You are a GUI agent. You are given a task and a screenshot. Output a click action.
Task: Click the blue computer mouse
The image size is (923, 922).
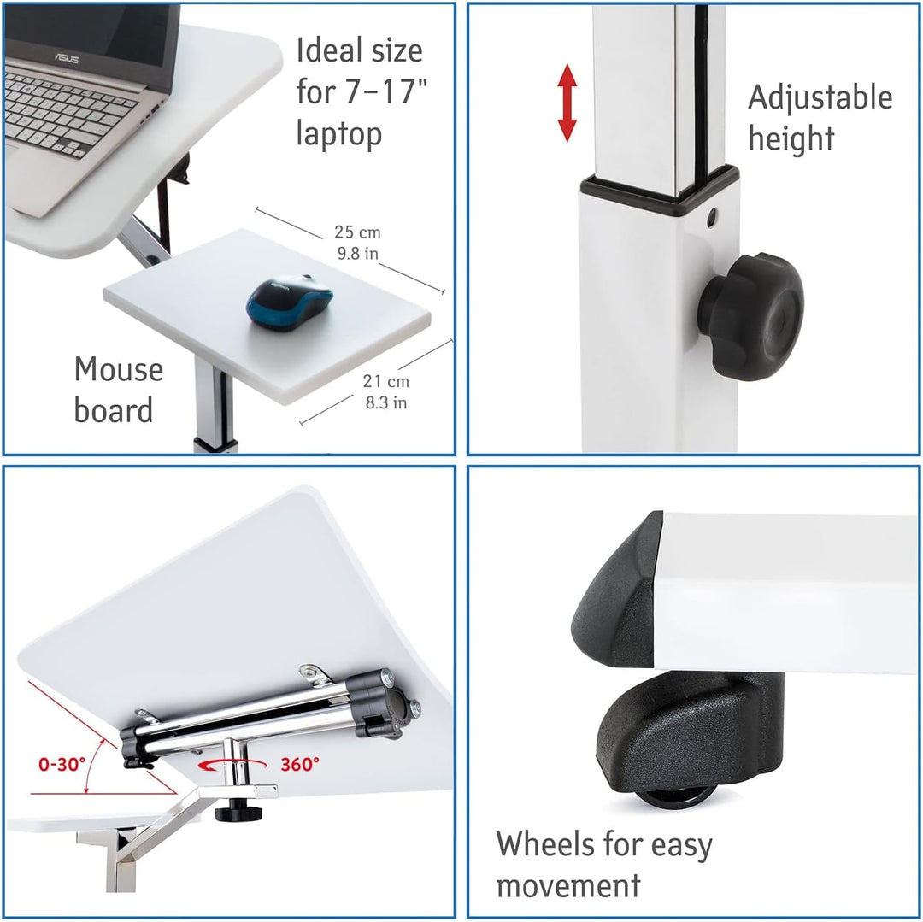290,302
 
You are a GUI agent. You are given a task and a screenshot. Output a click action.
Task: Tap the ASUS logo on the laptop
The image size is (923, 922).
67,58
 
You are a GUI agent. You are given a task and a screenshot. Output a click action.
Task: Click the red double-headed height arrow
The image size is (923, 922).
567,103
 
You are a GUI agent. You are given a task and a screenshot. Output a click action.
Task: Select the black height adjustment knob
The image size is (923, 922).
751,316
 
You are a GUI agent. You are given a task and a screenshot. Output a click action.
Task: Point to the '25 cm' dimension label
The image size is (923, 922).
357,232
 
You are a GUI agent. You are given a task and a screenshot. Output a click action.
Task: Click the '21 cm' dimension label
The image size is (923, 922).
385,381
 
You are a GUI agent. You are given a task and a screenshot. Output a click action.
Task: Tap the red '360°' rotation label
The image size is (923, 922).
300,764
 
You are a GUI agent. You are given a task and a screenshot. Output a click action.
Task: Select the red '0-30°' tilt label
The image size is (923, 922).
62,764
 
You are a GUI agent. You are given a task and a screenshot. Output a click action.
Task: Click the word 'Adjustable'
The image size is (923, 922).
820,98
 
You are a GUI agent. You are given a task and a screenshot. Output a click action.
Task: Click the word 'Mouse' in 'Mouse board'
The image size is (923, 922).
118,369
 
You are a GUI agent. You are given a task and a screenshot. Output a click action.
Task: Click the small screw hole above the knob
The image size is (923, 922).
712,216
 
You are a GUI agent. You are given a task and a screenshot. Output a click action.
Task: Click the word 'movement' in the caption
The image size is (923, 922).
568,885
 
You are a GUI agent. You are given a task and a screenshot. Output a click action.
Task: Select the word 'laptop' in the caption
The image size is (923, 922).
339,133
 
